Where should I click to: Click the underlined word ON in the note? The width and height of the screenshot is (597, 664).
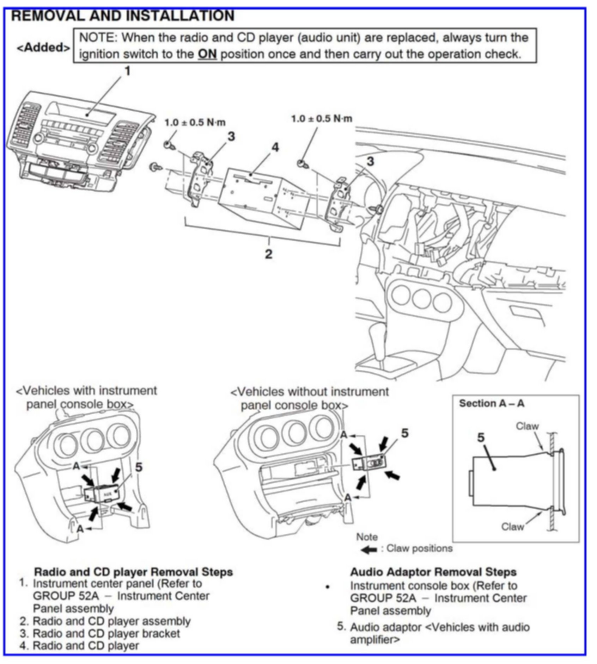click(x=207, y=55)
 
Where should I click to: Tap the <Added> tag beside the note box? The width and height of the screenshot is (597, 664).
click(x=43, y=48)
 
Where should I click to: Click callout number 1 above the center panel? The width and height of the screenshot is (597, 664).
click(x=127, y=72)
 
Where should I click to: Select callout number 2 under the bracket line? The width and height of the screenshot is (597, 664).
click(x=269, y=254)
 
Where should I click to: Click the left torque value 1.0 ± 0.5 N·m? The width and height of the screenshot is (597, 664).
click(x=195, y=123)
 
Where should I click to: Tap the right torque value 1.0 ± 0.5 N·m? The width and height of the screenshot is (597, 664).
click(x=321, y=119)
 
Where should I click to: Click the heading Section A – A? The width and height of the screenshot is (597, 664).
click(x=491, y=404)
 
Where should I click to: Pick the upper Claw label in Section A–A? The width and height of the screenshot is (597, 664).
click(x=527, y=426)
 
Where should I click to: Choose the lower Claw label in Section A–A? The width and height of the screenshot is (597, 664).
click(x=512, y=527)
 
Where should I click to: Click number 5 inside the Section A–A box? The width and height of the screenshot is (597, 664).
click(x=481, y=438)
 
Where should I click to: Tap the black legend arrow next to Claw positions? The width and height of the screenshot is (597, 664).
click(x=369, y=549)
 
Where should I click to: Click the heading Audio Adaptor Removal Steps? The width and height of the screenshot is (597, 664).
click(x=433, y=572)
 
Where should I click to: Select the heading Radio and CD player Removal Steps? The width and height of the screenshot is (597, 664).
click(x=133, y=572)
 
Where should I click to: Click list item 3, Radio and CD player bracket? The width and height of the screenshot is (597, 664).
click(x=106, y=633)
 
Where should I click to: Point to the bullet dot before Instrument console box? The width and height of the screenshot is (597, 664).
click(x=328, y=587)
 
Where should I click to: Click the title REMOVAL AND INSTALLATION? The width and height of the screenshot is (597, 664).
click(x=123, y=16)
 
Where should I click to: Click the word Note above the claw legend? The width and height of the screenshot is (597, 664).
click(x=367, y=537)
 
